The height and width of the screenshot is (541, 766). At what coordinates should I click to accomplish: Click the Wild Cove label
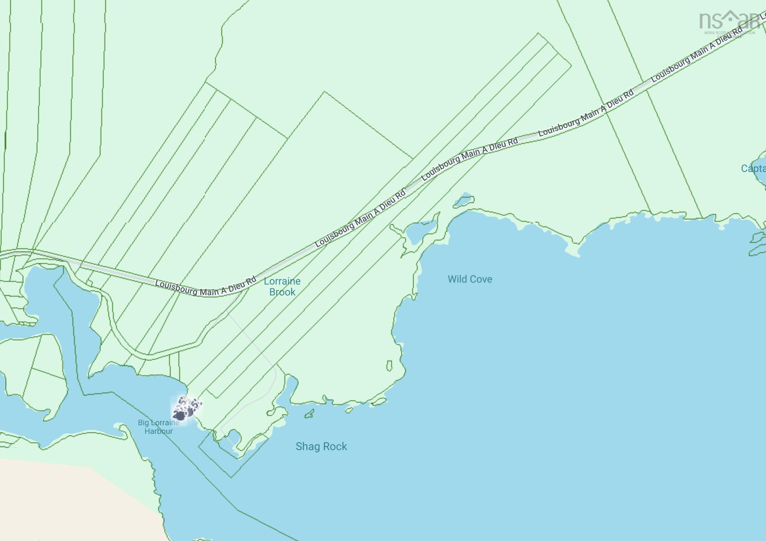469,279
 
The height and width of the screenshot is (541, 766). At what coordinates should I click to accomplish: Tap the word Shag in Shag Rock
307,447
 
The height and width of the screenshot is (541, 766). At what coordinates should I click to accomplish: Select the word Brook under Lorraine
282,292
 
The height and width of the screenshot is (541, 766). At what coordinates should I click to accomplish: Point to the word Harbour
159,431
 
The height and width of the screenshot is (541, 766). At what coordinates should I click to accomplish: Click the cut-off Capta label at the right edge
753,168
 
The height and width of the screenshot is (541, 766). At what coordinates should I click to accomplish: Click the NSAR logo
728,21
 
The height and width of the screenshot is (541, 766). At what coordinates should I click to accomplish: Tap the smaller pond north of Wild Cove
464,201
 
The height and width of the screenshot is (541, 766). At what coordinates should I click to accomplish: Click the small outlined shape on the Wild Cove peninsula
389,366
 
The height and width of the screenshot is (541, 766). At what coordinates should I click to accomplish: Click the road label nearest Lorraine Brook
206,288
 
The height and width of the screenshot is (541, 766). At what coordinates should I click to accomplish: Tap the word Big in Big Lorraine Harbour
143,423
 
